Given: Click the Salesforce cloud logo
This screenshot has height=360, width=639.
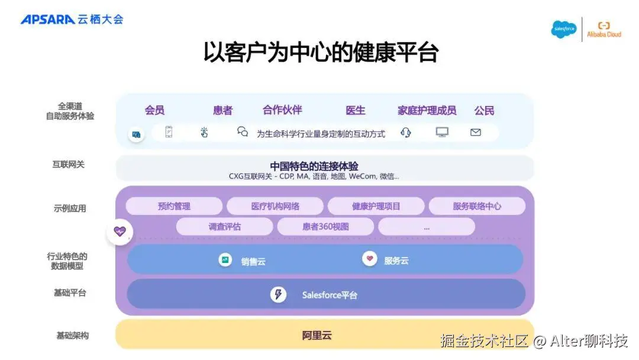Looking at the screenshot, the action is click(563, 29).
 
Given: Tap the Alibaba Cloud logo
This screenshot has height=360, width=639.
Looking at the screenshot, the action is click(603, 30).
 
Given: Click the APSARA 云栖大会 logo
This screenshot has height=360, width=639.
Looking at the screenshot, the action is click(72, 19).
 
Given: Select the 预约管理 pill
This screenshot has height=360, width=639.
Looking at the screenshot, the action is click(174, 206).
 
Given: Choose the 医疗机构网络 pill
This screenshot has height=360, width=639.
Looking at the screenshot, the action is click(275, 206).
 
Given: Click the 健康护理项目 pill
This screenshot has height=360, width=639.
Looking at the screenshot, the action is click(376, 206).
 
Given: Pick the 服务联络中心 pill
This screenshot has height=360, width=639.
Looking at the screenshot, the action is click(477, 206).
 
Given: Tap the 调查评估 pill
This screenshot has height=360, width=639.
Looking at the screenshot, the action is click(224, 226).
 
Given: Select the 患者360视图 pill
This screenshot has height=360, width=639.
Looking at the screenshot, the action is click(325, 226).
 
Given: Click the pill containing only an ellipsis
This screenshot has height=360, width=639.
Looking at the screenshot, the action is click(427, 226).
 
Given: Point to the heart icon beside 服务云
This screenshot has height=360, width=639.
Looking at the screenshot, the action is click(370, 259).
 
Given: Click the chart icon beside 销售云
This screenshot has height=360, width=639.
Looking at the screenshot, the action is click(225, 259).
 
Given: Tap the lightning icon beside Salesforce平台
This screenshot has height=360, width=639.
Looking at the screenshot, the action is click(279, 294).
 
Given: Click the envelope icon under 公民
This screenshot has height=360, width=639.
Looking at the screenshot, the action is click(476, 133).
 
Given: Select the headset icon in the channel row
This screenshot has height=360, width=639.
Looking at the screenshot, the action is click(405, 133).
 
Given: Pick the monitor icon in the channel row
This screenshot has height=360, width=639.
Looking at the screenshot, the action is click(442, 133).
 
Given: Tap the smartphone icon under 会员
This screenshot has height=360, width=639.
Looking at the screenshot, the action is click(169, 133).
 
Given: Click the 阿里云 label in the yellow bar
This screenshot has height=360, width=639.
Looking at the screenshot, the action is click(317, 335).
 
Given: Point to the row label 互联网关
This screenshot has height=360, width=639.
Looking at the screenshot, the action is click(68, 164).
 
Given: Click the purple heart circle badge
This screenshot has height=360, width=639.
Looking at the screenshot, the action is click(120, 232).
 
